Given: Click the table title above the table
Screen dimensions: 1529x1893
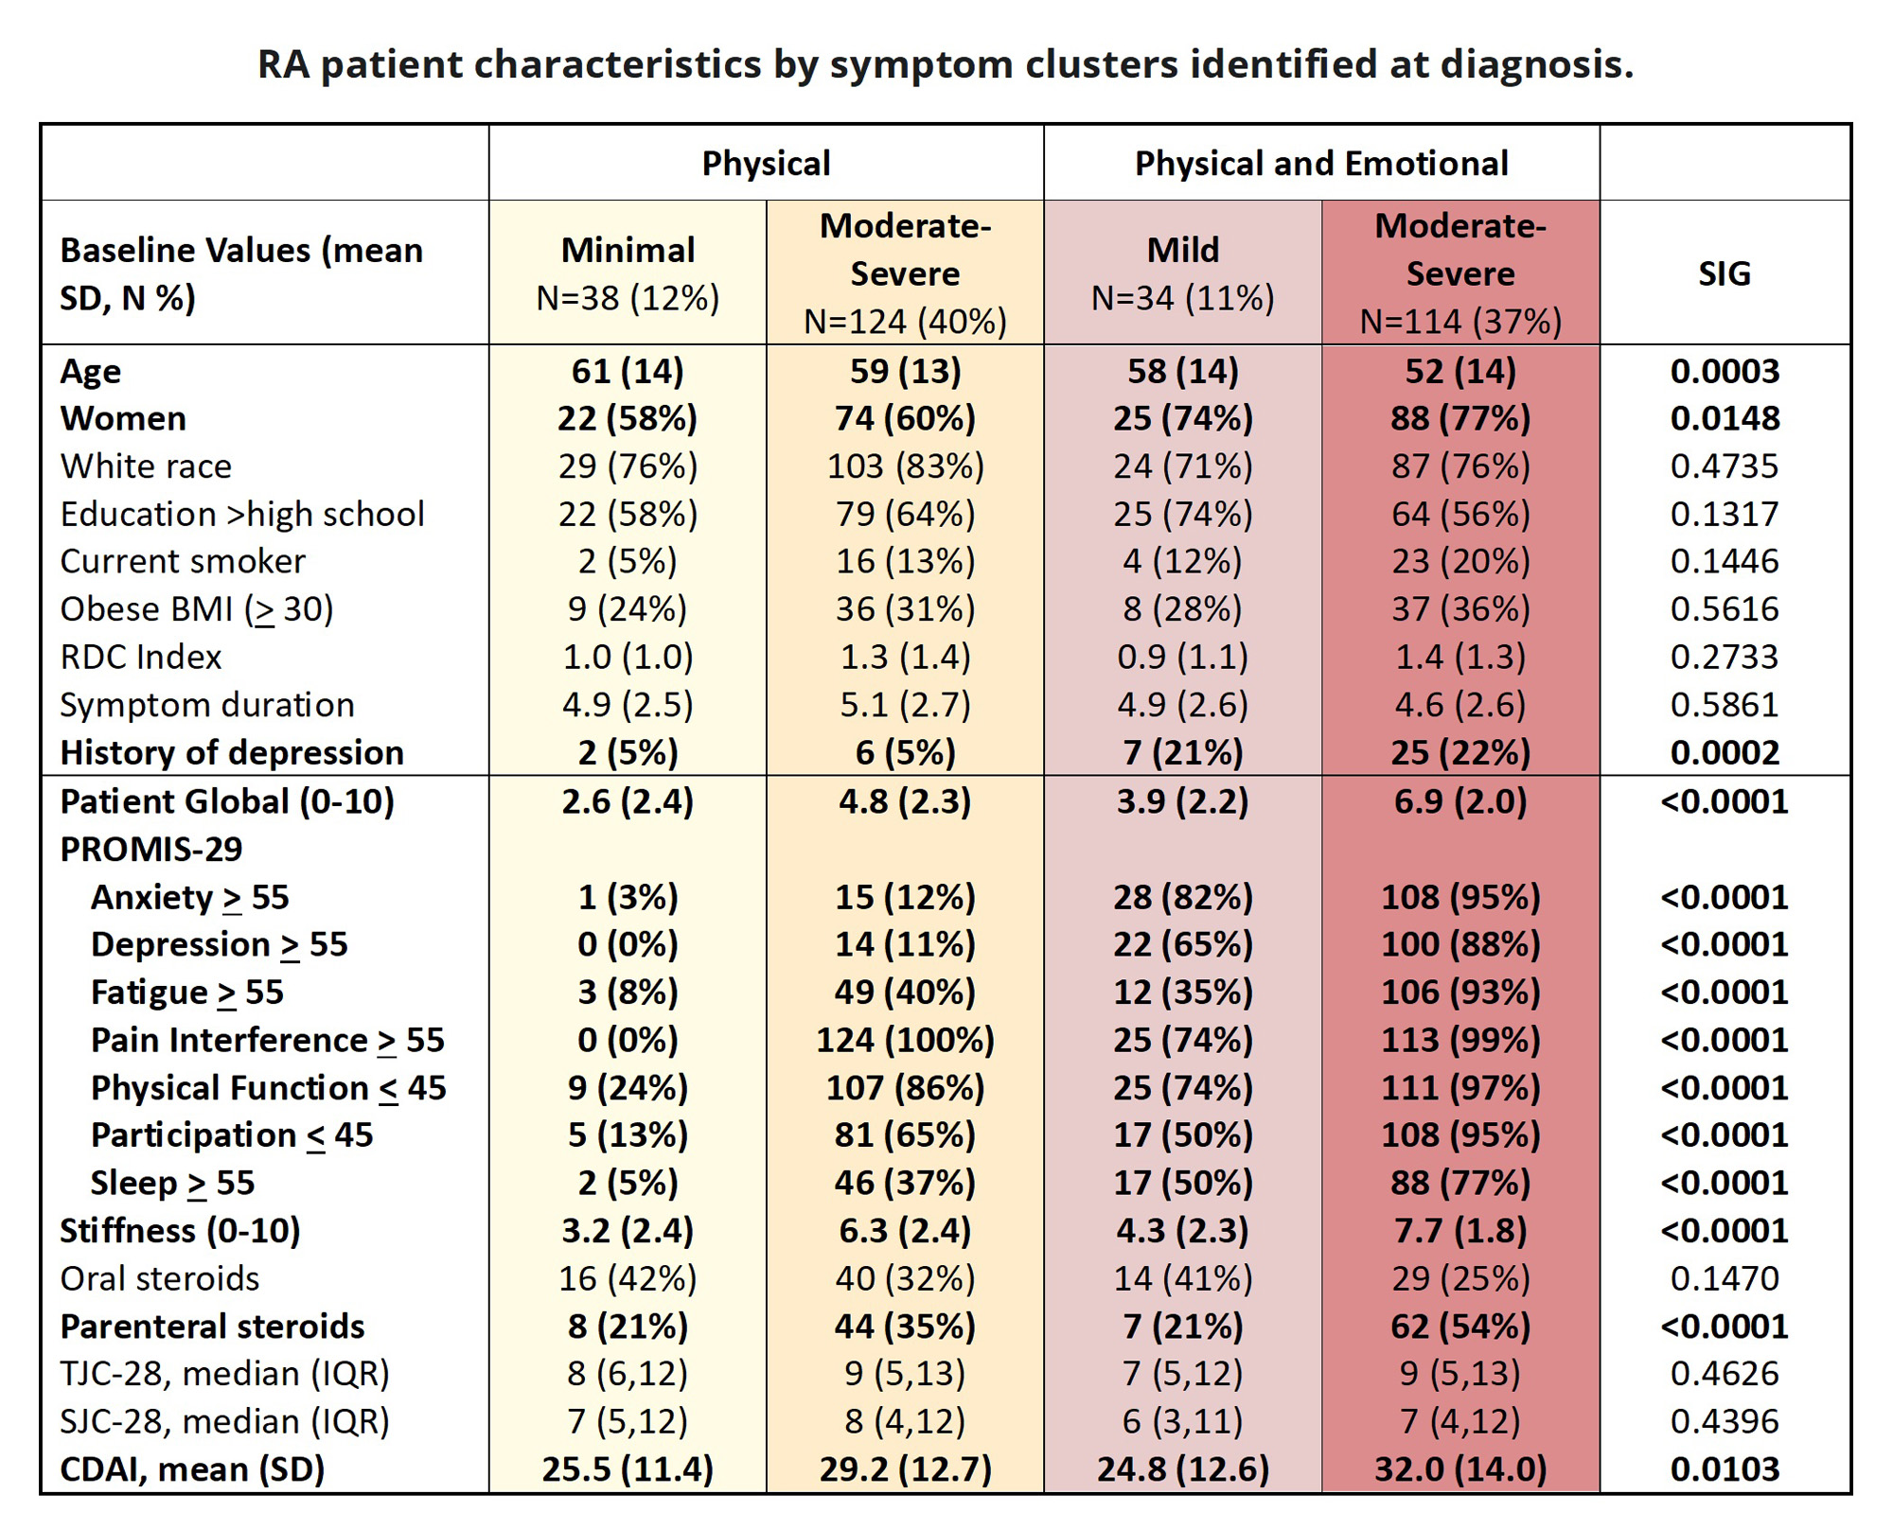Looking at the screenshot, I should point(946,64).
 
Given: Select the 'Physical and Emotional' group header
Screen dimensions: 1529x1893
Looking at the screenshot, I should point(1321,164).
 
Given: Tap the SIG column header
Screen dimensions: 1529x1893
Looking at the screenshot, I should point(1725,273).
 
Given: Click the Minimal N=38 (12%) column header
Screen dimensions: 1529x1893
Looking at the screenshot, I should point(628,273).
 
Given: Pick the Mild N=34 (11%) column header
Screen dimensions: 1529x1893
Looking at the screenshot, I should point(1182,273).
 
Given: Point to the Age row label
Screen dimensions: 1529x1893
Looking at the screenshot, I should point(91,371).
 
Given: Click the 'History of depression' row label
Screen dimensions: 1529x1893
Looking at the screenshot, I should point(232,752).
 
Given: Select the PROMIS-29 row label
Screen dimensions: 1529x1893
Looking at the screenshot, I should point(151,849).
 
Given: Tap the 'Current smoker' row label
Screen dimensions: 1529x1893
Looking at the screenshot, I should point(183,561).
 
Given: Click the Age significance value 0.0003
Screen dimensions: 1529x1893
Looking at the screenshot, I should point(1725,371).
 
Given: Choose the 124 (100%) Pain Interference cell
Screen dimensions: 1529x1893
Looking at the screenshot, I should point(906,1040).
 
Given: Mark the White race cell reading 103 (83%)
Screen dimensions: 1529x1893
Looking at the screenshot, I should point(906,466).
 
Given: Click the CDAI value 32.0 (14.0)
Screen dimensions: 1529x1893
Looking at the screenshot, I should point(1460,1468).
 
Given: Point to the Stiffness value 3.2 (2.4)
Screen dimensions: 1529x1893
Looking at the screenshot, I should point(628,1230).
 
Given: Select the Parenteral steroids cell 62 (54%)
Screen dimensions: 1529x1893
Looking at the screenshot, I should point(1460,1326).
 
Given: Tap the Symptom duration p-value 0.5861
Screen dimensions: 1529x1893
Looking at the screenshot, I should point(1725,705).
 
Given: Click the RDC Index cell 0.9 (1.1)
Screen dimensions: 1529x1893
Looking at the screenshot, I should point(1182,657).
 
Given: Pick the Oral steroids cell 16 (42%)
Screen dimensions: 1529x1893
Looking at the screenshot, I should point(628,1278).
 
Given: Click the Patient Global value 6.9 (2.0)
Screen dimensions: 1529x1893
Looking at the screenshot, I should point(1460,801).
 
